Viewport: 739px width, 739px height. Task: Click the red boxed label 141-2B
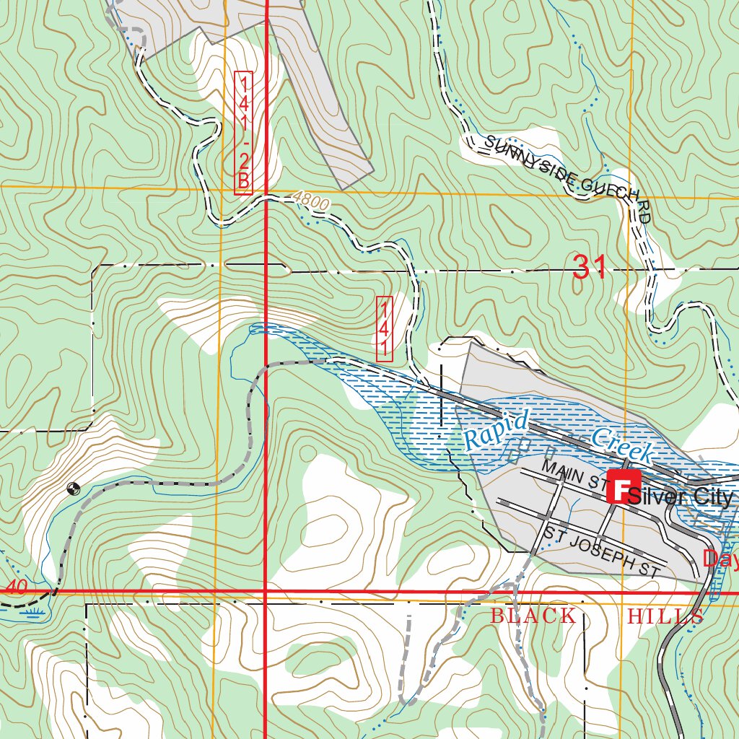pos(243,133)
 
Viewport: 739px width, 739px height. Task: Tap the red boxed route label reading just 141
pos(385,328)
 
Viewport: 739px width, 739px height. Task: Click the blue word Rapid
pos(497,429)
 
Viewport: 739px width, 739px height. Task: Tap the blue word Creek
pos(622,445)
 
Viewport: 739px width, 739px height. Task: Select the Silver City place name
pos(681,497)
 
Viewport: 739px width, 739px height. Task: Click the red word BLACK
pos(533,616)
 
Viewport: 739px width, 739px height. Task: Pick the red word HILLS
pos(665,616)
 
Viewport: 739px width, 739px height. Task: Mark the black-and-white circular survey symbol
pos(71,489)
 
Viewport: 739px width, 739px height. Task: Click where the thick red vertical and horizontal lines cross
pos(266,592)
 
